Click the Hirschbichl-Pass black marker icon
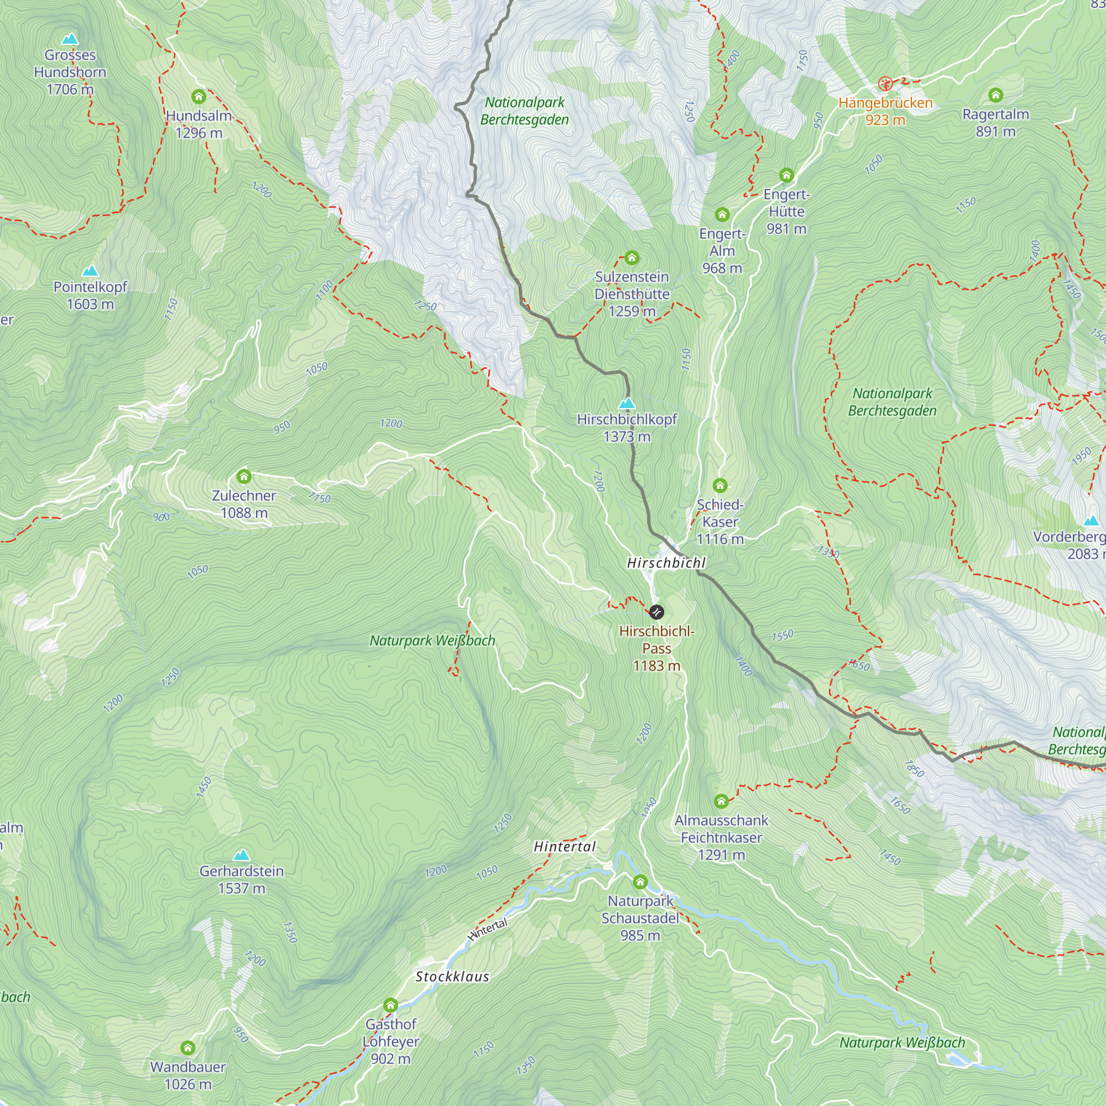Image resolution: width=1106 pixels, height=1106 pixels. (x=656, y=612)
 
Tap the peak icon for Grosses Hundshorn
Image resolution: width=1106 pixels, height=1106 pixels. (x=70, y=39)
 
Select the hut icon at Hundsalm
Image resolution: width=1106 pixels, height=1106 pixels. (x=199, y=96)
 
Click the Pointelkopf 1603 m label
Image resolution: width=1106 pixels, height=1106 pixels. (x=90, y=295)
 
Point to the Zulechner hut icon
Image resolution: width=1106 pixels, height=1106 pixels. (x=244, y=476)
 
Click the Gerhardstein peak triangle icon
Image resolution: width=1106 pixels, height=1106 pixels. (x=242, y=855)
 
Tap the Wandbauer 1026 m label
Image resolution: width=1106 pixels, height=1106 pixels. (x=188, y=1075)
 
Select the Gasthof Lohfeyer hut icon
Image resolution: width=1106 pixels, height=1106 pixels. (x=390, y=1005)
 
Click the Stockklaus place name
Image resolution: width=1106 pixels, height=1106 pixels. (x=452, y=977)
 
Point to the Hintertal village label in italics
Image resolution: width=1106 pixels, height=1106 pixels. (x=565, y=847)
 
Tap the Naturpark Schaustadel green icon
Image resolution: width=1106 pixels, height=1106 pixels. (x=640, y=881)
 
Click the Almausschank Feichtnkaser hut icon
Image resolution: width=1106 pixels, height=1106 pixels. (x=721, y=801)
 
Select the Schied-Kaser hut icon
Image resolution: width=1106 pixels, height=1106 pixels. (x=720, y=486)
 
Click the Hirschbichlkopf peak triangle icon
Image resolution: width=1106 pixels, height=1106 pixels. (x=627, y=403)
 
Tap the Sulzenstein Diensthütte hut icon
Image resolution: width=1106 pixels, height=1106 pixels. (x=632, y=258)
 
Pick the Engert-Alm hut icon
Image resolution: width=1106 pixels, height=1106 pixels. (x=722, y=215)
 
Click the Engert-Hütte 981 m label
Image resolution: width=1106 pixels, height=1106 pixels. (x=786, y=212)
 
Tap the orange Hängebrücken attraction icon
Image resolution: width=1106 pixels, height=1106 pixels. (x=885, y=84)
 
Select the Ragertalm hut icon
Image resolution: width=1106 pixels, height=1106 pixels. (x=995, y=95)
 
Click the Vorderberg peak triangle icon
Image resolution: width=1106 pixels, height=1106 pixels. (x=1092, y=520)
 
